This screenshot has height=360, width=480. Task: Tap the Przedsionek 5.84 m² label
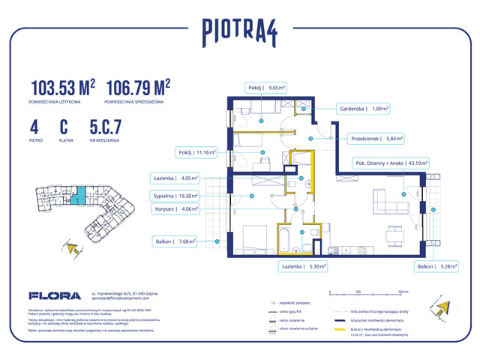tap(376, 138)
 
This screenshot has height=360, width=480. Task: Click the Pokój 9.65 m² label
tap(267, 87)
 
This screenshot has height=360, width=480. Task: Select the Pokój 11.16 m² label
tap(197, 152)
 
